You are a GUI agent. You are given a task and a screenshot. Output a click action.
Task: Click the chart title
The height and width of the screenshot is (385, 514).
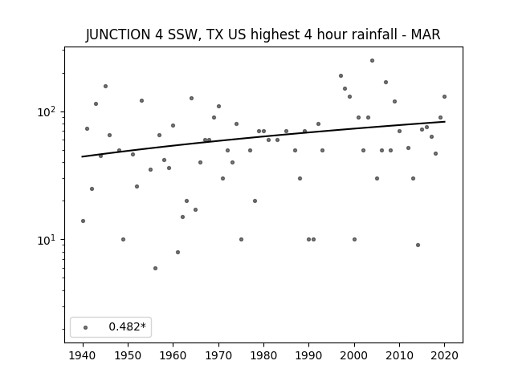(263, 34)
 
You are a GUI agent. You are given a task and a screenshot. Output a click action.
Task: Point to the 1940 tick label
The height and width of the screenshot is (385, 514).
(83, 355)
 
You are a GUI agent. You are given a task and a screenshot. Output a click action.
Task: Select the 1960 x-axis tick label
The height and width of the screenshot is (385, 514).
(173, 355)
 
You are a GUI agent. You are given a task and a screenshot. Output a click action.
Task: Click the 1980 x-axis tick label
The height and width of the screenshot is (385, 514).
(264, 355)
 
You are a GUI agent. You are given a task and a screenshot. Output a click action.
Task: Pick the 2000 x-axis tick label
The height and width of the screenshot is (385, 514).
(354, 355)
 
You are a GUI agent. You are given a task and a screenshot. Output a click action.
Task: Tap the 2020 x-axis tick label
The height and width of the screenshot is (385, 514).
(444, 355)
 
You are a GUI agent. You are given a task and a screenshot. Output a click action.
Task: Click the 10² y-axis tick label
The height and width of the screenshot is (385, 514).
(47, 112)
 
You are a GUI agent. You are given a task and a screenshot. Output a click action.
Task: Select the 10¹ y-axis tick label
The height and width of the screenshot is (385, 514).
(47, 240)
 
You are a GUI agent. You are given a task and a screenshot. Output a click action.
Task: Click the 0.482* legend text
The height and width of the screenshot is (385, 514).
(127, 326)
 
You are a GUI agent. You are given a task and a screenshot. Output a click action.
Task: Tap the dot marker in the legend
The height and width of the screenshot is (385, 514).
(86, 327)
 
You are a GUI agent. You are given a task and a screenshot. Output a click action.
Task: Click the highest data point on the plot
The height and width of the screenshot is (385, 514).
(372, 61)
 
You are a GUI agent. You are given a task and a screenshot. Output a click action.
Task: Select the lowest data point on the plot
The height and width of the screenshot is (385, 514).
(155, 268)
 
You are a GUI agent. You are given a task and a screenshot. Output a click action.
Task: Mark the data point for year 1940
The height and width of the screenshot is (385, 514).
(83, 221)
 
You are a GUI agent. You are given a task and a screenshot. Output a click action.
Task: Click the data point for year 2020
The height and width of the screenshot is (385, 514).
(444, 96)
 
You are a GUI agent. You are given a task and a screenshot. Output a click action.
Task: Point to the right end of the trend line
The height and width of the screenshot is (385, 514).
(445, 121)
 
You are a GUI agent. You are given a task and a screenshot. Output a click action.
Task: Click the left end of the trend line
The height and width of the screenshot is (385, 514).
(82, 156)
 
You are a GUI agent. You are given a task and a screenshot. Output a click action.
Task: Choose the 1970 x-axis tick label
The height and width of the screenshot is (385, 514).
(218, 355)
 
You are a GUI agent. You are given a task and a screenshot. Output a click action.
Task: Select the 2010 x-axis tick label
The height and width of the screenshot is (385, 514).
(399, 355)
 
